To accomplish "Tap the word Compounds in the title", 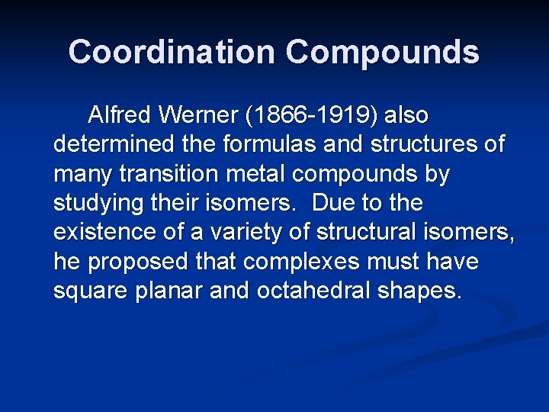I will (x=382, y=53).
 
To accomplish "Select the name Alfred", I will (x=120, y=116).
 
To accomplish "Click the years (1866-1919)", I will (x=312, y=116).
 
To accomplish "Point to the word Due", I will (x=330, y=204).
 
